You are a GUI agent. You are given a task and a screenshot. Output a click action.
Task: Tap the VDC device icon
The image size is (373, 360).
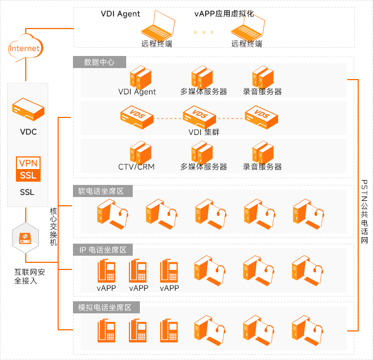coord(29,109)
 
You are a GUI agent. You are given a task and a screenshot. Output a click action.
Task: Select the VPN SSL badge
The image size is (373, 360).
coord(29,170)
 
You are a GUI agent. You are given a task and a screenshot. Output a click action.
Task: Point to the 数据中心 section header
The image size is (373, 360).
coord(99,62)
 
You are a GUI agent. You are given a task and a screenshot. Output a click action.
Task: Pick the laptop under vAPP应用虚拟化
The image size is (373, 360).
coord(247,27)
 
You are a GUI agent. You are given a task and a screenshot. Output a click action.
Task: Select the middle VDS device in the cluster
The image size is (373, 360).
coord(200,116)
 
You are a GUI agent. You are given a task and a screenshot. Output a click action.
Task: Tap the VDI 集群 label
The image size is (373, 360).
coord(204,132)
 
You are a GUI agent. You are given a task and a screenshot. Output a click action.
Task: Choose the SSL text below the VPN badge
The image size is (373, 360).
coord(27,192)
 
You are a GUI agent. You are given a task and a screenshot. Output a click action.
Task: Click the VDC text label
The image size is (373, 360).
coord(29,132)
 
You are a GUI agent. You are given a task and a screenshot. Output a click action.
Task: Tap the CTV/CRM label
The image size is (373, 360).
coord(137,166)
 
